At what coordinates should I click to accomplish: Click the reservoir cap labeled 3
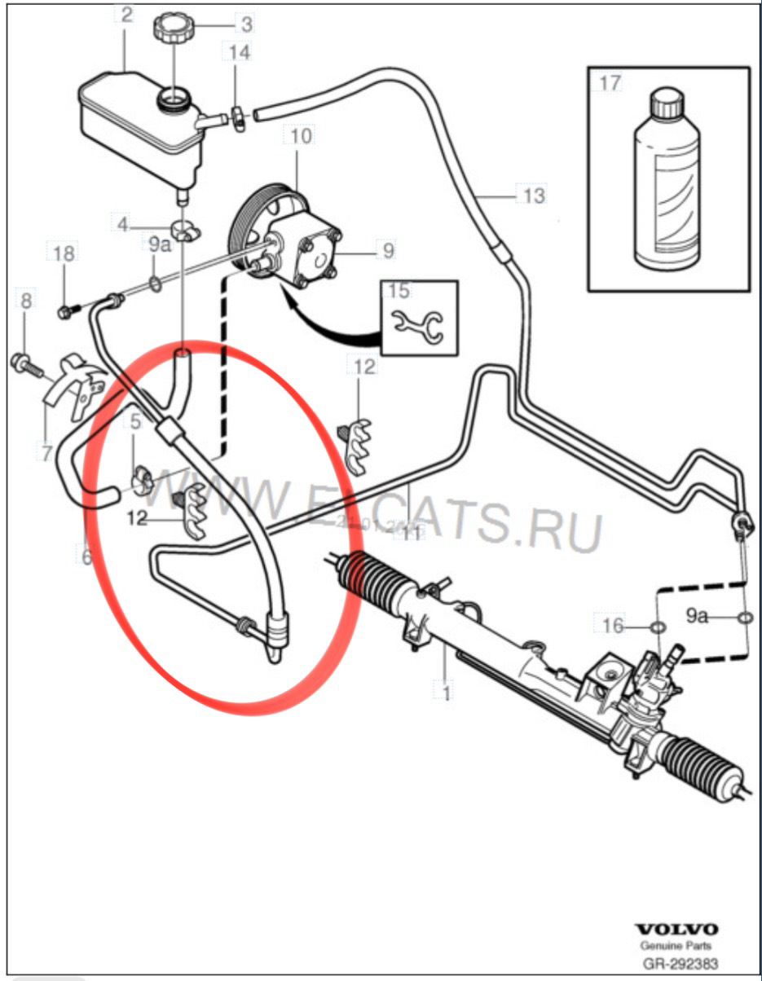(x=173, y=29)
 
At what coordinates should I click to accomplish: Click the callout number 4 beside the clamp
(x=122, y=222)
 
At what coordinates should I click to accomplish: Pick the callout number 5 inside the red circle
(x=135, y=422)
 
